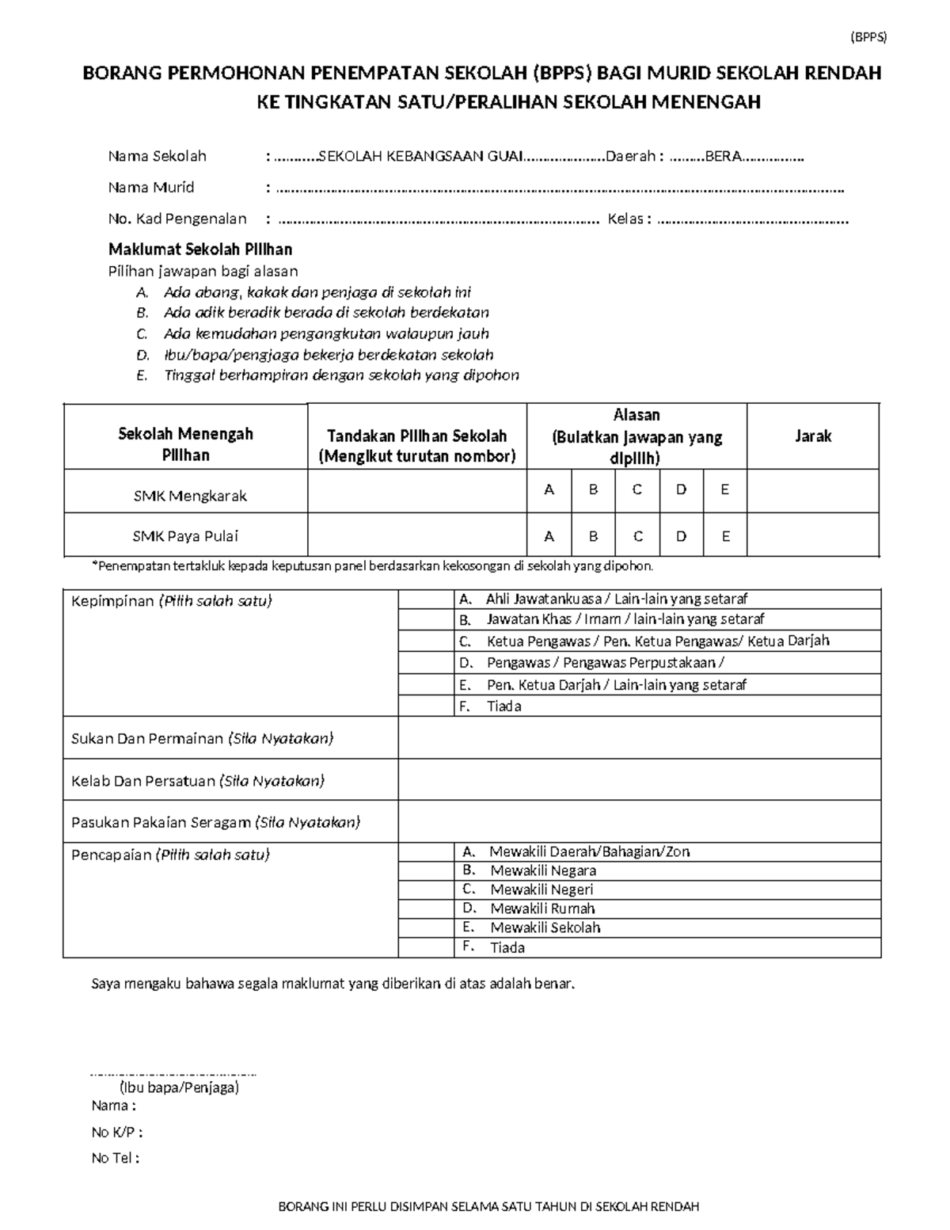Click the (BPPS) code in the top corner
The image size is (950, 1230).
pos(868,37)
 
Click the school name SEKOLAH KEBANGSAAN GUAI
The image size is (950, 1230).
pos(420,156)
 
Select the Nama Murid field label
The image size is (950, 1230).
pos(151,188)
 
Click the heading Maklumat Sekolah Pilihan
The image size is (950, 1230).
pos(200,249)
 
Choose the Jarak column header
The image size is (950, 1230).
pos(812,436)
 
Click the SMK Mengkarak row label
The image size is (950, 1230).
pos(189,497)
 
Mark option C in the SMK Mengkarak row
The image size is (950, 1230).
pos(636,490)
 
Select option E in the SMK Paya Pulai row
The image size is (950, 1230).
pos(725,536)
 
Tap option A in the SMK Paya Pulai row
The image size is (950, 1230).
pos(549,536)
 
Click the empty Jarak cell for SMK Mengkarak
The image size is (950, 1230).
pos(812,491)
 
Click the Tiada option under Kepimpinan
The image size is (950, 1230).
pos(504,706)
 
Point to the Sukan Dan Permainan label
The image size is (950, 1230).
pos(202,739)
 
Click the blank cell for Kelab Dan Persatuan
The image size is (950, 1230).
pos(639,781)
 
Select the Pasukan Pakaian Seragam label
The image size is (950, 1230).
pos(215,822)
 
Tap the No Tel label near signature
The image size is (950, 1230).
pos(115,1158)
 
